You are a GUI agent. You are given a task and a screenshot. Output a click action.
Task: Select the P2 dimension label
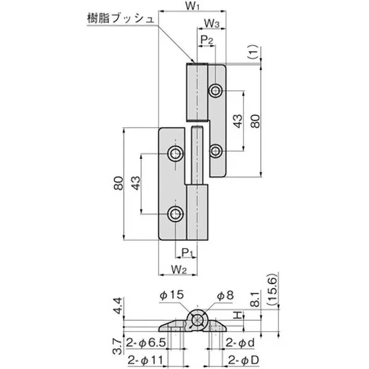coord(207,40)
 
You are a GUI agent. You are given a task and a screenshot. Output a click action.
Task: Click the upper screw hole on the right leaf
coord(215,90)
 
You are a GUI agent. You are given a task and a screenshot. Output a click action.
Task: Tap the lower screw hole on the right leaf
coord(215,150)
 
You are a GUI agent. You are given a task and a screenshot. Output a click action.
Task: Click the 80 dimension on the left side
coord(118,184)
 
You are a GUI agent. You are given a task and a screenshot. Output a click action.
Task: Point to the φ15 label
coord(172,294)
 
